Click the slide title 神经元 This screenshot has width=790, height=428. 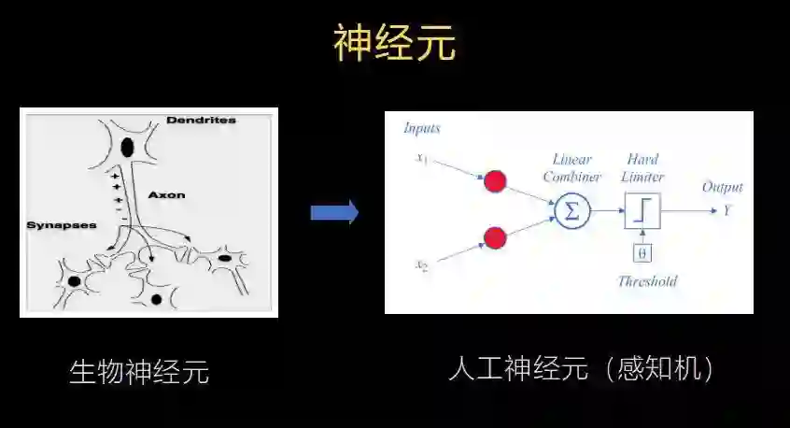coord(395,44)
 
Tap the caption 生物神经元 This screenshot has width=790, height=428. coord(139,372)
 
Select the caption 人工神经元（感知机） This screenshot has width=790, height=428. coord(583,368)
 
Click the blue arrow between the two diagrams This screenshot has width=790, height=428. coord(334,212)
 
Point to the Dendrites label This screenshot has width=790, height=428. coord(201,121)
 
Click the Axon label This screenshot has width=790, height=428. coord(167,195)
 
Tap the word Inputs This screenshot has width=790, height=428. coord(421,128)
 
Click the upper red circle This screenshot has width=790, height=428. coord(495,181)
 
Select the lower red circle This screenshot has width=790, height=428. coord(495,237)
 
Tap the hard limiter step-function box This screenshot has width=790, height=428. coord(642,211)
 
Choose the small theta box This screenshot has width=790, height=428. coord(642,252)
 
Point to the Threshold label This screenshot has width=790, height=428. coord(646,280)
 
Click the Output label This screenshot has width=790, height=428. coord(722,187)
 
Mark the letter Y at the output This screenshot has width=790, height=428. coord(727,210)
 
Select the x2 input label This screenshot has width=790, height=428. coord(421,265)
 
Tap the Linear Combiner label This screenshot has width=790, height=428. coord(571,167)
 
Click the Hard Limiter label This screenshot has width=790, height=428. coord(644,167)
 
